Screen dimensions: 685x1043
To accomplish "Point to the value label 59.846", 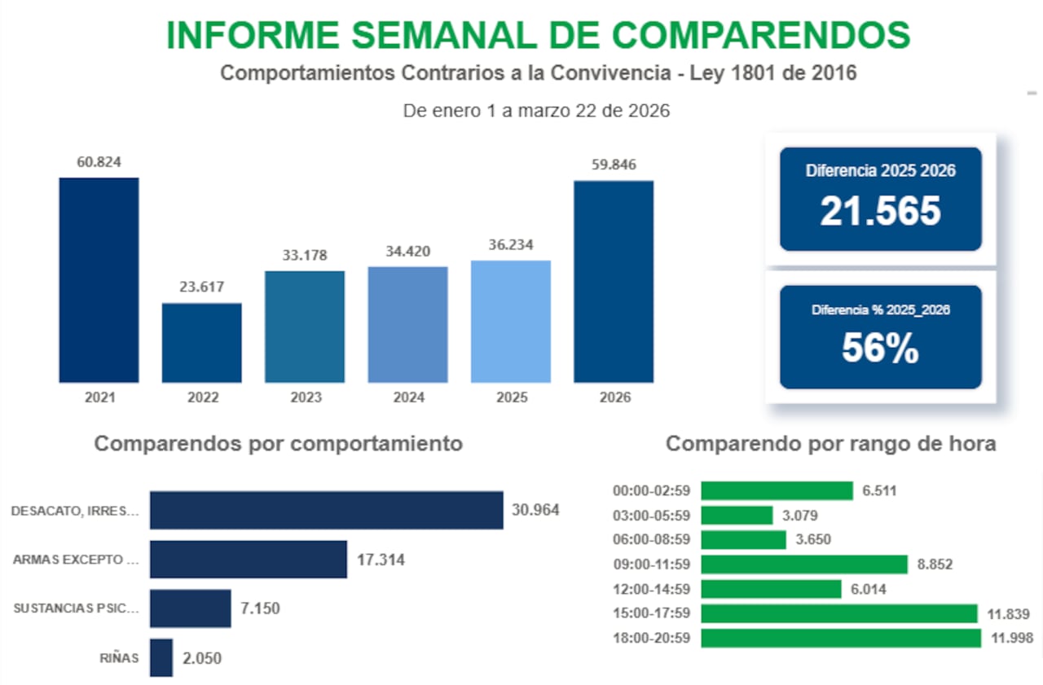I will click(x=614, y=165).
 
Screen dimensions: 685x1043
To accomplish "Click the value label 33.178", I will click(x=305, y=255).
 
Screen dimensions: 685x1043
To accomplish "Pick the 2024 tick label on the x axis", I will click(x=407, y=398).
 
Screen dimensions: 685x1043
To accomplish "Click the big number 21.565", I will click(x=880, y=212).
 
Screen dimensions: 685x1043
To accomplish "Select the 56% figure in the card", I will click(x=880, y=349).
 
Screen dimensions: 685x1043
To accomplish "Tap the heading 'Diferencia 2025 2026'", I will click(x=880, y=171).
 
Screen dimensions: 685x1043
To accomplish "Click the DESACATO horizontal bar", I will click(x=326, y=511).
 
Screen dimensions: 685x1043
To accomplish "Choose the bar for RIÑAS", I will click(x=161, y=657).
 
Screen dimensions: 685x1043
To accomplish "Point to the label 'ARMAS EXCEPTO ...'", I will click(x=77, y=560).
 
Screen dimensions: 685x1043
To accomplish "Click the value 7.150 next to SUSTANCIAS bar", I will click(x=261, y=608).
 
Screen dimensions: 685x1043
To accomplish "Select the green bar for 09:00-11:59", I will click(x=804, y=564).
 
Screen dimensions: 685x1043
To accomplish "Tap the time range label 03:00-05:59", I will click(x=652, y=516).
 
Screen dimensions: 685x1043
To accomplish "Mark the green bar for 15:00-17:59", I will click(x=839, y=613).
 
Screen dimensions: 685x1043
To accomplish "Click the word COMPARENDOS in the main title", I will click(x=761, y=34).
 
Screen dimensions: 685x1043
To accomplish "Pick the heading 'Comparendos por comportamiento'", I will click(x=279, y=444).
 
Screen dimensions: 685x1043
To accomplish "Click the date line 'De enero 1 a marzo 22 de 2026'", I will click(x=536, y=111).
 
